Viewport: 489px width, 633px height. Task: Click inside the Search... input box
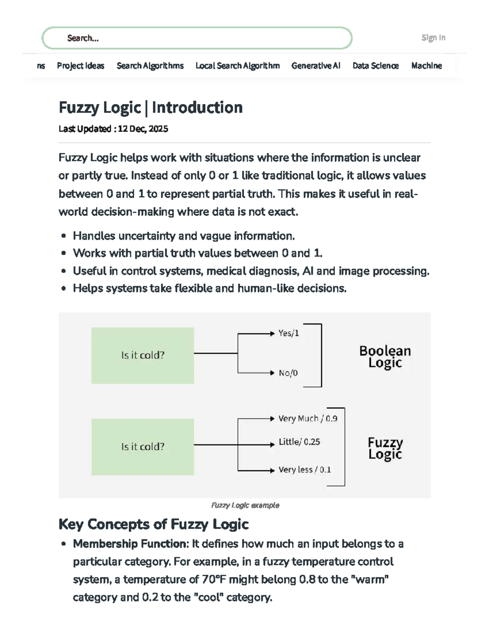(x=197, y=38)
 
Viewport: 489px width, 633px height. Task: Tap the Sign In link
(x=433, y=37)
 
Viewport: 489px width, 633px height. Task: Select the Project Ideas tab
(x=80, y=66)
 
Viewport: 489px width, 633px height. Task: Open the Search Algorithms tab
(x=150, y=66)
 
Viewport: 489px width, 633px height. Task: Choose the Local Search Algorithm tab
(x=238, y=66)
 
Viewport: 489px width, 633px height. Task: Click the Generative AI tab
(x=316, y=66)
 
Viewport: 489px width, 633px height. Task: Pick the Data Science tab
(x=375, y=66)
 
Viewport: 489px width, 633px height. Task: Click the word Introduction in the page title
(x=197, y=108)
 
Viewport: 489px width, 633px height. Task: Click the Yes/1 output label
(x=289, y=333)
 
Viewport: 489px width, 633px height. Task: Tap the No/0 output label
(x=288, y=373)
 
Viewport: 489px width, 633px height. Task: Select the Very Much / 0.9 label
(x=308, y=419)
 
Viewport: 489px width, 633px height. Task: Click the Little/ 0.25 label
(x=299, y=442)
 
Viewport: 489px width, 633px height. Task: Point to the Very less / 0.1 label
(x=304, y=470)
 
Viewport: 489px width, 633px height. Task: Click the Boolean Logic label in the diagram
(x=385, y=356)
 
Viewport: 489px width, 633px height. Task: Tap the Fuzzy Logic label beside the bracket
(x=385, y=448)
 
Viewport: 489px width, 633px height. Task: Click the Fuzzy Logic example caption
(x=245, y=505)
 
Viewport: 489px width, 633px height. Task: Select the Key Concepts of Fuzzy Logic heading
(x=153, y=524)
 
